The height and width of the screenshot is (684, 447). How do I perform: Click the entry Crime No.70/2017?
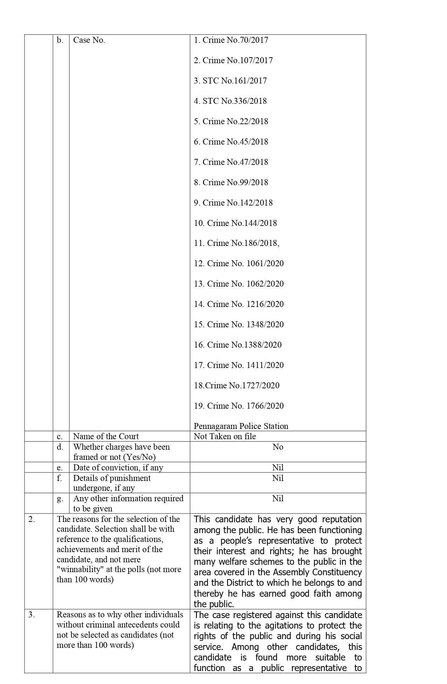231,40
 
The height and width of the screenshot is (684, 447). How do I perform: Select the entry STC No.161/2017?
230,81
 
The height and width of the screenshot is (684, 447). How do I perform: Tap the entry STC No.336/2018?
230,101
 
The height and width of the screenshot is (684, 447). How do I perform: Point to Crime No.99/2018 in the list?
231,183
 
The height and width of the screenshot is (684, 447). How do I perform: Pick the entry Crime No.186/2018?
237,243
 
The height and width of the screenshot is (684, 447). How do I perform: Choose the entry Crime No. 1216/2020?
239,304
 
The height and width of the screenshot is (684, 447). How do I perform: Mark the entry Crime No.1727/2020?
237,386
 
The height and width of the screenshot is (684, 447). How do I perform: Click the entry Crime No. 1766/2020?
239,406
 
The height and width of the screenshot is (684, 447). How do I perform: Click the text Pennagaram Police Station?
241,427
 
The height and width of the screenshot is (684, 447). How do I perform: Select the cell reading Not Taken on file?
225,437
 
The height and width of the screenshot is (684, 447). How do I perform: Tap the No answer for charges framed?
278,447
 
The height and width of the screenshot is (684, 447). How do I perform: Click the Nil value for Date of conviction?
278,468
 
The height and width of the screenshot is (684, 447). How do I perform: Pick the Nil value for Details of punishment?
278,478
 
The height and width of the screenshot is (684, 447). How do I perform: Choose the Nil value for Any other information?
278,499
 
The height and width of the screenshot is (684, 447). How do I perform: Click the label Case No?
89,40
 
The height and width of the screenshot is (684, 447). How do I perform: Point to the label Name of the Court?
106,437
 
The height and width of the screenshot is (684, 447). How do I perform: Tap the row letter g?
60,499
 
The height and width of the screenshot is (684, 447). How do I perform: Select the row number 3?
32,615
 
